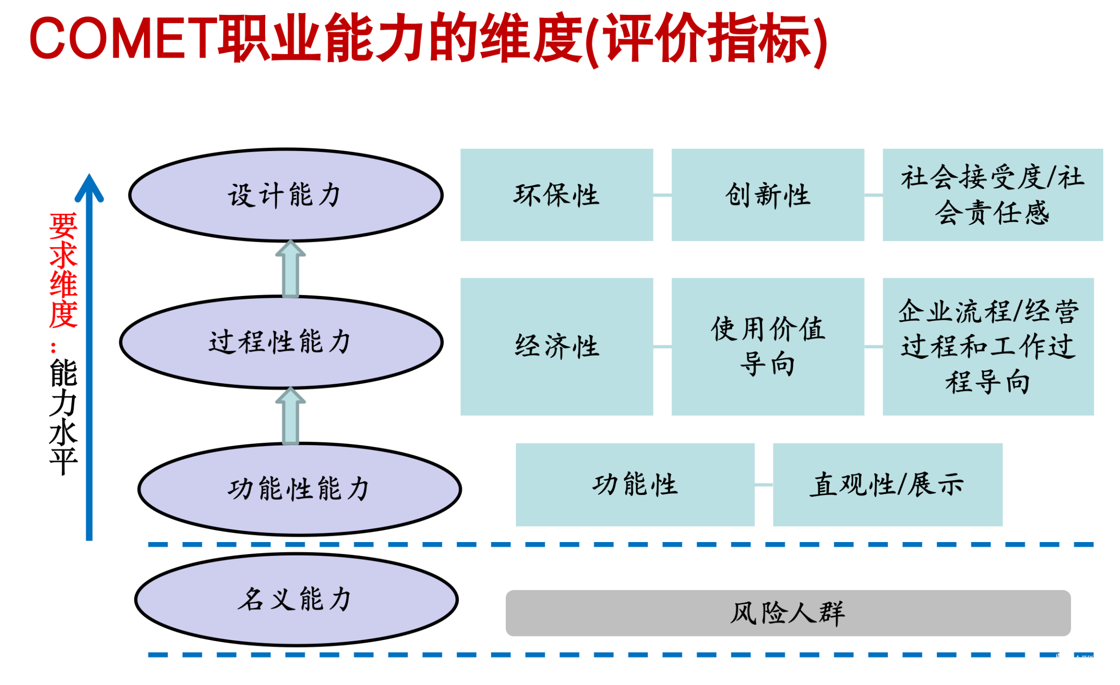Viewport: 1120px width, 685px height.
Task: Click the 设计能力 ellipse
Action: [x=286, y=195]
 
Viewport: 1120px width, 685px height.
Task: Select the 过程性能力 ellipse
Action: [x=281, y=342]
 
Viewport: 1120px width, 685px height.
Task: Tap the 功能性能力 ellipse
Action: [x=299, y=489]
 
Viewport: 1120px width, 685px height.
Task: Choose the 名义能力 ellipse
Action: [x=296, y=599]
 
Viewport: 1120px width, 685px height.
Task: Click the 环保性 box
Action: [x=556, y=195]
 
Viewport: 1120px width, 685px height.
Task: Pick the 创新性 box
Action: [x=767, y=195]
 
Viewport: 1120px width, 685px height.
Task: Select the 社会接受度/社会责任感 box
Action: [x=992, y=195]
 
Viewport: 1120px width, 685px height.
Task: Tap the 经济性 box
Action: [x=556, y=346]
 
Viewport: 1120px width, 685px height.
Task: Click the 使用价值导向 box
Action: [x=767, y=346]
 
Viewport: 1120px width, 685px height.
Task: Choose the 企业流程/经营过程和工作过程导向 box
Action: [x=988, y=346]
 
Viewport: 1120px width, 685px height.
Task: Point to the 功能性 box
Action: [x=634, y=484]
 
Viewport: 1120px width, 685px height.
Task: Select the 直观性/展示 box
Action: [x=887, y=484]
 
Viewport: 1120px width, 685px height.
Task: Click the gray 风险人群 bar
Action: [x=787, y=613]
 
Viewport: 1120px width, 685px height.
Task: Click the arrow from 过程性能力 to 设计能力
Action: [x=291, y=269]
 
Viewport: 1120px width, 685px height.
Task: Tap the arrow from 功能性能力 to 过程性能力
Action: [x=291, y=415]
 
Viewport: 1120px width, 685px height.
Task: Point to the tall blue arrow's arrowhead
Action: [x=89, y=187]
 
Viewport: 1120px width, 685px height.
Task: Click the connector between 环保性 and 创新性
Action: [x=662, y=195]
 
